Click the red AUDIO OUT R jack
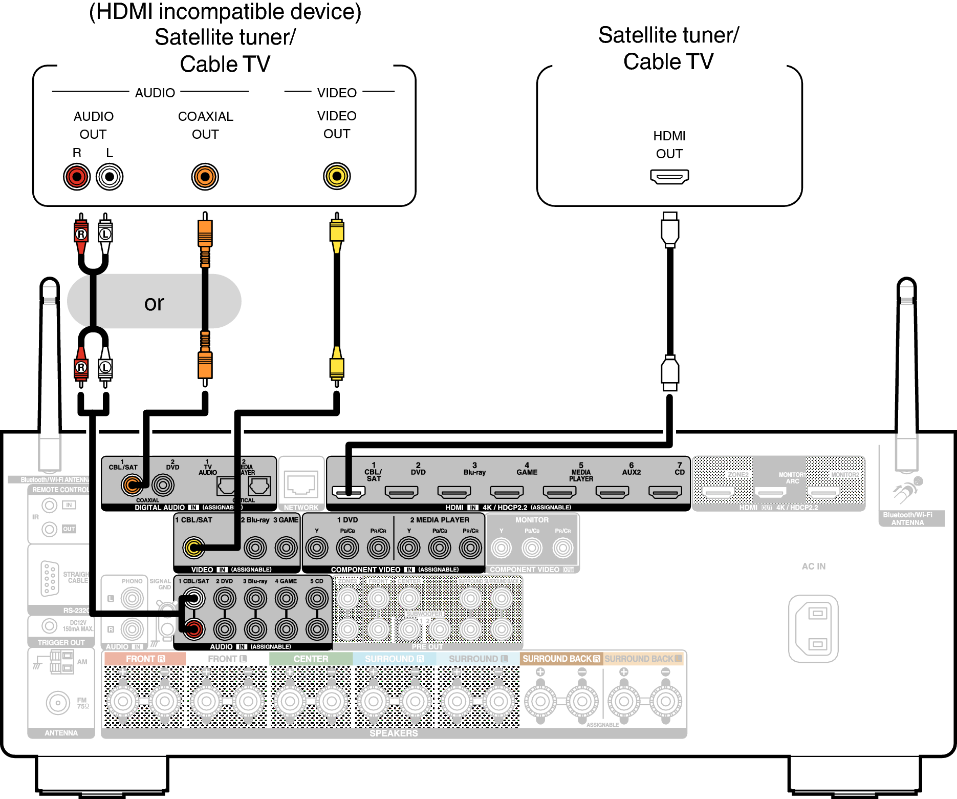click(77, 177)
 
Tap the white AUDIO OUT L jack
click(110, 177)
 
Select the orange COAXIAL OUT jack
click(205, 177)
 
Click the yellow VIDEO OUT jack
click(337, 176)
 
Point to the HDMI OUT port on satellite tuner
click(669, 177)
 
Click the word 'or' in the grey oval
click(154, 303)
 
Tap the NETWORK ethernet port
click(301, 484)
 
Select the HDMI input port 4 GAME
click(507, 492)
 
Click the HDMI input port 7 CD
click(665, 492)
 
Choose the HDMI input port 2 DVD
click(401, 492)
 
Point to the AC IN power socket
click(814, 628)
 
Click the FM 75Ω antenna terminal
click(58, 703)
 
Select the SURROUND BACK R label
click(561, 659)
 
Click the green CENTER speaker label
click(311, 659)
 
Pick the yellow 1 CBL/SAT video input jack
click(194, 548)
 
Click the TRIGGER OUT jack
click(49, 625)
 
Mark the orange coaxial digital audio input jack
click(132, 484)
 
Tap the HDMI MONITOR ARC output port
click(771, 493)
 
